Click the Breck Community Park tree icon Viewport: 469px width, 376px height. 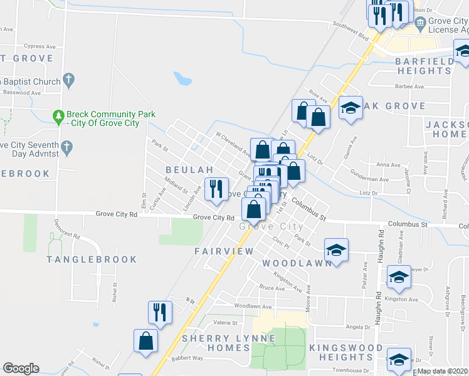click(58, 116)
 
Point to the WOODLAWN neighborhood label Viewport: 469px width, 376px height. click(297, 263)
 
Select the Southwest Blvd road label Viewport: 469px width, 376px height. click(350, 28)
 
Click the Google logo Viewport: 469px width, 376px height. click(21, 368)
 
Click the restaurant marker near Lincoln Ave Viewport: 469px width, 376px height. click(216, 189)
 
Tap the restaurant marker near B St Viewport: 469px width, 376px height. click(160, 312)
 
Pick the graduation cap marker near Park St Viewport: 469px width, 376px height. click(336, 250)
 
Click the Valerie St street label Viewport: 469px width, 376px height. click(226, 323)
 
